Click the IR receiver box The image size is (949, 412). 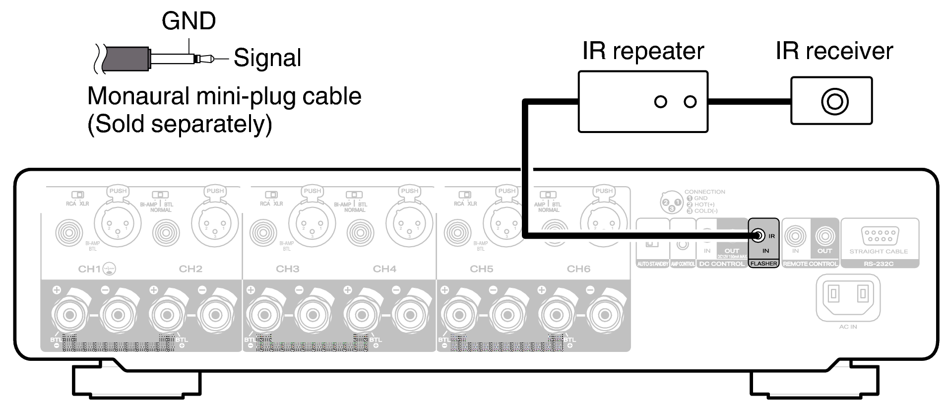coord(831,101)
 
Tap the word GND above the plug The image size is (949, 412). coord(189,21)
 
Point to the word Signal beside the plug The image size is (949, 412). coord(267,58)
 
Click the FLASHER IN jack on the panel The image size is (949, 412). coord(757,236)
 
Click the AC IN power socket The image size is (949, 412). coord(848,296)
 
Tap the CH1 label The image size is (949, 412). coord(89,269)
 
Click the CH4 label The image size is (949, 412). coord(384,269)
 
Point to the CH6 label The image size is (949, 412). coord(578,269)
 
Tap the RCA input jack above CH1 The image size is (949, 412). coord(69,232)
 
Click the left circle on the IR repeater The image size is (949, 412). coord(660,102)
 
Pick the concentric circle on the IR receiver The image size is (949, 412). coord(835,101)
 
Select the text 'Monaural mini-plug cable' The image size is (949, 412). coord(224,96)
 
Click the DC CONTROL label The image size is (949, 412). coord(721,264)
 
